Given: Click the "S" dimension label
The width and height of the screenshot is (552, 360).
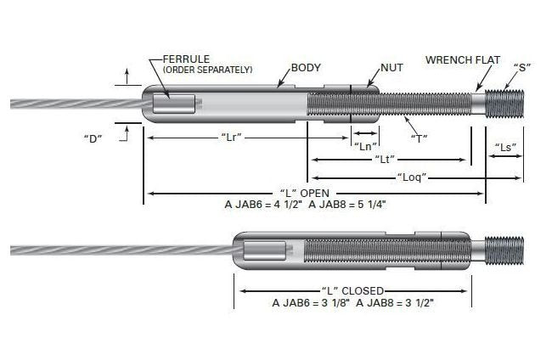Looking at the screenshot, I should tap(522, 67).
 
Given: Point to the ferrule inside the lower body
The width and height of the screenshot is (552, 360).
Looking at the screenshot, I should tap(263, 250).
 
